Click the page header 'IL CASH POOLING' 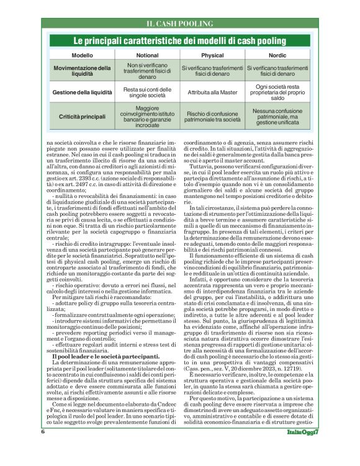(x=179, y=24)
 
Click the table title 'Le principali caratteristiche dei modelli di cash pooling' (x=179, y=42)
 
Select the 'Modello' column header (x=82, y=55)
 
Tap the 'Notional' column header (x=147, y=55)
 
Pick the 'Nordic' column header (x=277, y=55)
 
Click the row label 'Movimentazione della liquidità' (x=82, y=71)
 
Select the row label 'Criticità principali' (x=82, y=117)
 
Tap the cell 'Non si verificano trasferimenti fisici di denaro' (x=147, y=71)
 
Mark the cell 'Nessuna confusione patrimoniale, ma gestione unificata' (x=277, y=117)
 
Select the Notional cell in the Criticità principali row (x=147, y=117)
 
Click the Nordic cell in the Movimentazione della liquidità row (x=277, y=71)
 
